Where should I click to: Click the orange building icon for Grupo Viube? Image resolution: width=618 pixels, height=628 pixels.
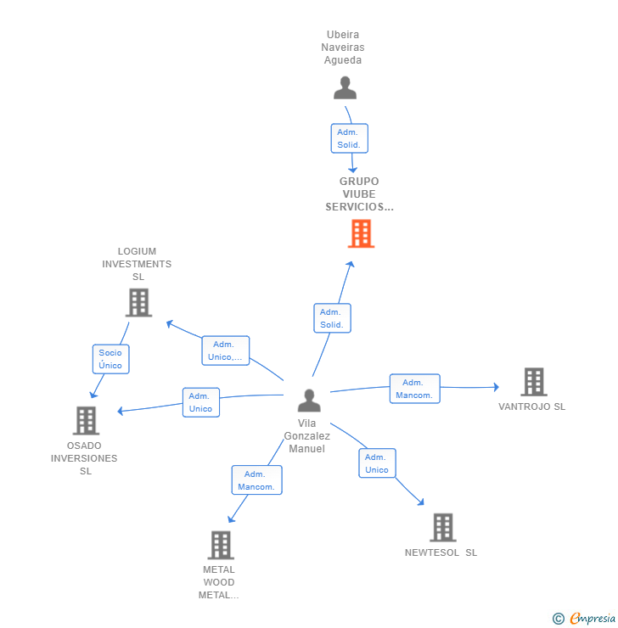[361, 233]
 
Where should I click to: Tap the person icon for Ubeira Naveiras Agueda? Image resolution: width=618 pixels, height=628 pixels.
[345, 88]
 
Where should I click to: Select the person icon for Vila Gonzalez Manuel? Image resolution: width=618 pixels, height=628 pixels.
[310, 400]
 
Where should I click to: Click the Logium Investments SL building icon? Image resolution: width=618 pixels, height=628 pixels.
[138, 302]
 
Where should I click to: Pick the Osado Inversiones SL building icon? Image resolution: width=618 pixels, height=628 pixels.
[86, 420]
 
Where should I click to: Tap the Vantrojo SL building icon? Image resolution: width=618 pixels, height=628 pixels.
[533, 382]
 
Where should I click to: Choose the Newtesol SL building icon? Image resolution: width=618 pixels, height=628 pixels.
[442, 527]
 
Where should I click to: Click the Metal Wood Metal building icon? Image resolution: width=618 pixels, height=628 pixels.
[221, 545]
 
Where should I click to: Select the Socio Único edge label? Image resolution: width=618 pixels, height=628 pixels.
[110, 359]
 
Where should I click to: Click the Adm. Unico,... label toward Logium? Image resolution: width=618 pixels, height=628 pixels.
[225, 350]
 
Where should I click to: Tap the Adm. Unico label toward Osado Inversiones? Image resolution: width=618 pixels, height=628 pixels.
[200, 402]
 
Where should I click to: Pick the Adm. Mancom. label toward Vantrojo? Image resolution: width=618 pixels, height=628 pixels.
[414, 389]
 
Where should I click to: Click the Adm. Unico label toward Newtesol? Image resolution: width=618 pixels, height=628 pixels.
[377, 463]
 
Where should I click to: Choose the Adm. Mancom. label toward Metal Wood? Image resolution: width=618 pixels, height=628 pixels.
[256, 480]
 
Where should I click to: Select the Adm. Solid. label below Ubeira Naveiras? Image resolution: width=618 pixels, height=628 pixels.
[349, 138]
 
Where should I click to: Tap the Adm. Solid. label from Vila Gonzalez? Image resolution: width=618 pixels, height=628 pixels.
[331, 318]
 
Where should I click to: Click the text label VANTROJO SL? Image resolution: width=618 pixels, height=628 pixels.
[531, 407]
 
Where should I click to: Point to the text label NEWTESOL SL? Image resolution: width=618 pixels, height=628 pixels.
[441, 552]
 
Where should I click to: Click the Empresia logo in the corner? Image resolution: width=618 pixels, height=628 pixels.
[584, 619]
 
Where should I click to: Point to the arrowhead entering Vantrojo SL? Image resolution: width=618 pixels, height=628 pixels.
[496, 387]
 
